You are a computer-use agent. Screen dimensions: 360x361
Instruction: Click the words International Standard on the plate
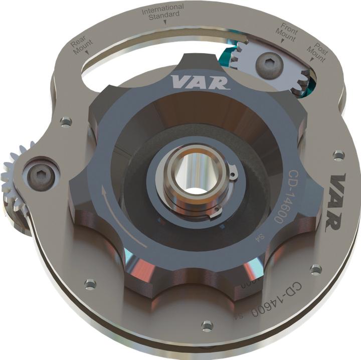(x=162, y=12)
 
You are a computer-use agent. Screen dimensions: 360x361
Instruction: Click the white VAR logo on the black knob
(x=200, y=82)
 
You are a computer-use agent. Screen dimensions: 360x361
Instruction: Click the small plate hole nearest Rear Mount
(x=66, y=121)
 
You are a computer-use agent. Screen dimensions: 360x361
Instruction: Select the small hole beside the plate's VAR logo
(x=338, y=155)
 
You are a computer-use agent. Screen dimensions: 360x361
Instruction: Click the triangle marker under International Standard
(x=165, y=21)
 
